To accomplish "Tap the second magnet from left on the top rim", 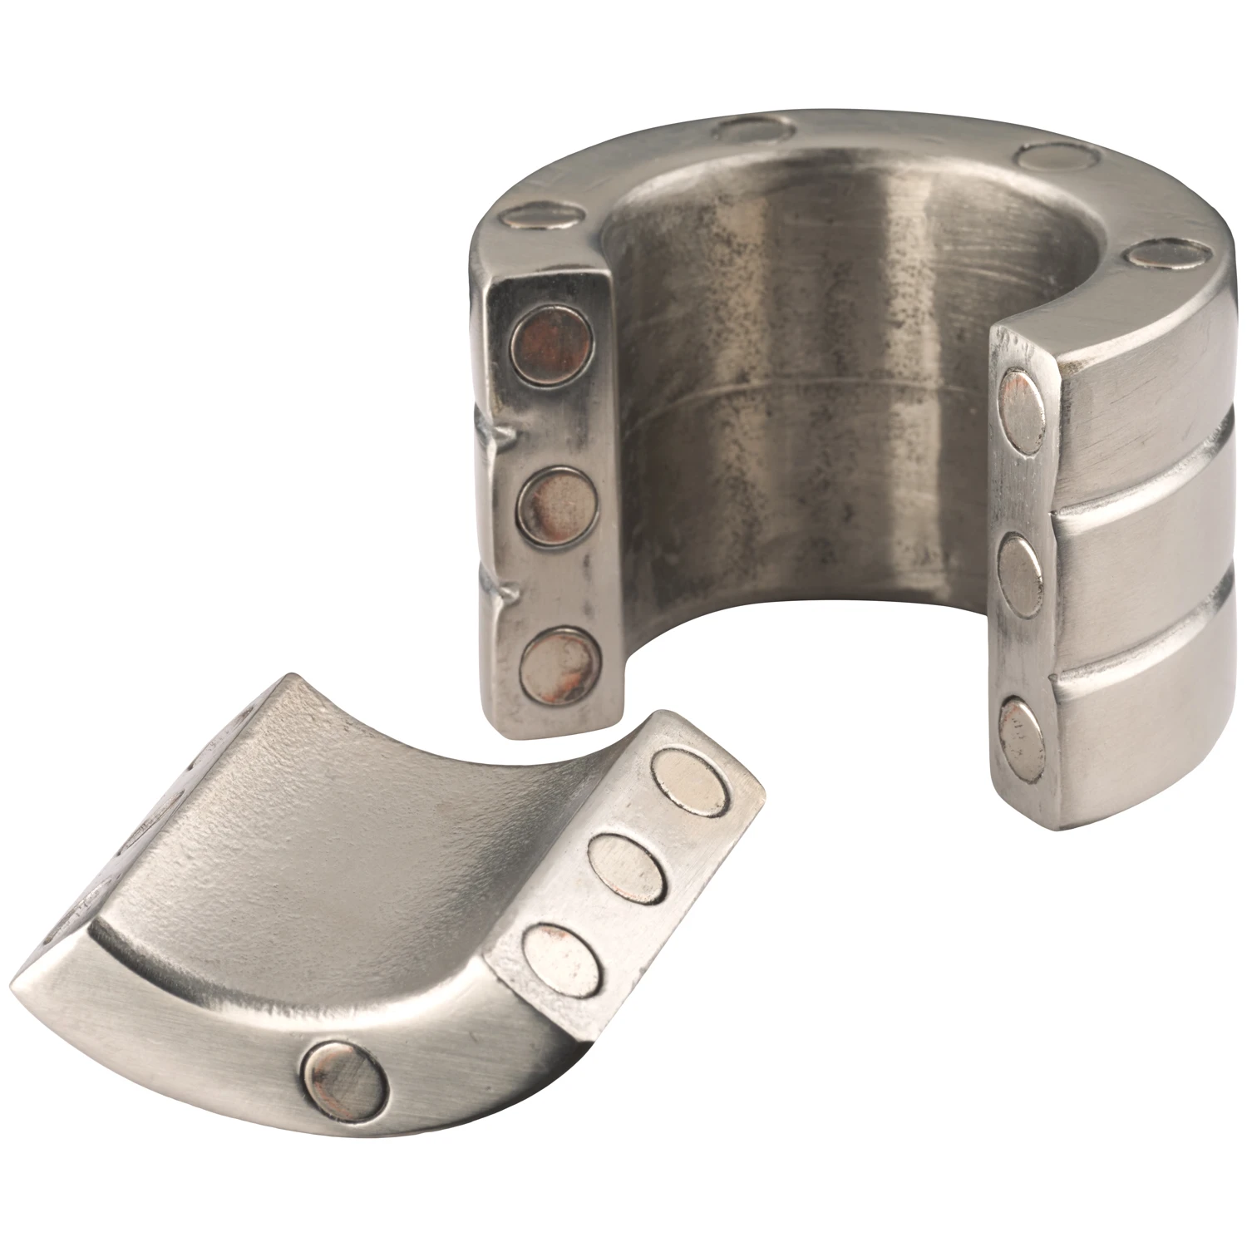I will pyautogui.click(x=753, y=131).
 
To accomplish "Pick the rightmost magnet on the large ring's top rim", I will pyautogui.click(x=1164, y=253).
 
